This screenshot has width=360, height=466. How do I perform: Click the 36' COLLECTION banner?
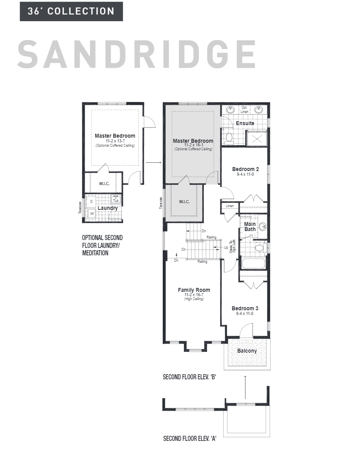[71, 11]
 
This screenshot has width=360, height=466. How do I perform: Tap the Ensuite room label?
[245, 123]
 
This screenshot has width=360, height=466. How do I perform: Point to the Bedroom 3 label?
[245, 308]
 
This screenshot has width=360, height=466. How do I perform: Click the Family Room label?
[194, 290]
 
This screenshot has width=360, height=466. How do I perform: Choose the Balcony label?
[247, 351]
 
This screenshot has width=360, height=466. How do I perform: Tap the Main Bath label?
[250, 227]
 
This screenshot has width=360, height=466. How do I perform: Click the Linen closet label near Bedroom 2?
[230, 206]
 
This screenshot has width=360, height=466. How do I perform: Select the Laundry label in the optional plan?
[107, 208]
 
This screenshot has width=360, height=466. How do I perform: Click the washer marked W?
[92, 213]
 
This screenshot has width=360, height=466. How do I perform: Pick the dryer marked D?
[92, 201]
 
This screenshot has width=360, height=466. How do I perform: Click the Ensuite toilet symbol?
[229, 138]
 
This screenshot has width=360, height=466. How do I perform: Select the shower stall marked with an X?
[257, 139]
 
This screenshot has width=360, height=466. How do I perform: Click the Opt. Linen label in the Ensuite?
[244, 109]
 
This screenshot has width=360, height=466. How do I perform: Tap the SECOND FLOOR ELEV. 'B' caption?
[190, 377]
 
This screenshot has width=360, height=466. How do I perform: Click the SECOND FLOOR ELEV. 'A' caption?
[190, 439]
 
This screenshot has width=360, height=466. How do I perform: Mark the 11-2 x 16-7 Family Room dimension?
[194, 295]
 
